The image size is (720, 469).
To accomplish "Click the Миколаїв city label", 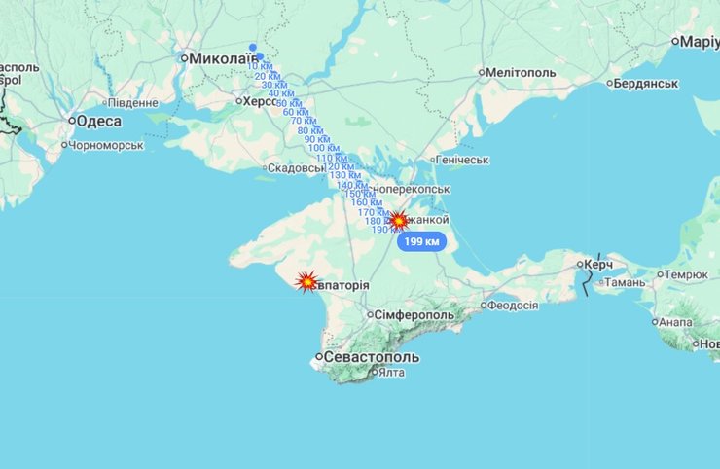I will coord(220,58).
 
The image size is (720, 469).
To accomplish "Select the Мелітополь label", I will coord(521,73).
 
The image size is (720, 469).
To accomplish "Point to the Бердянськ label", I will coord(645,84).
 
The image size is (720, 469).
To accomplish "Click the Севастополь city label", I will coord(372,357).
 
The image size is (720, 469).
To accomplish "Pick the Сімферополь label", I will coord(415,315).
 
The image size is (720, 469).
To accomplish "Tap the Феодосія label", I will coord(513,305).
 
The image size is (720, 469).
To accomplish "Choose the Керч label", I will coord(597,264).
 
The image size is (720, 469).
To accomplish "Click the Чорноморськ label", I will coord(107,145).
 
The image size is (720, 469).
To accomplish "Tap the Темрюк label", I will coord(687,274).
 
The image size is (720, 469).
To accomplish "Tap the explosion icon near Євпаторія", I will coord(306,282).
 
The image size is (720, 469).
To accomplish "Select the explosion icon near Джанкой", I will coord(398,220).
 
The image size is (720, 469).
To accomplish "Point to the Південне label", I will coord(132,102).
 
